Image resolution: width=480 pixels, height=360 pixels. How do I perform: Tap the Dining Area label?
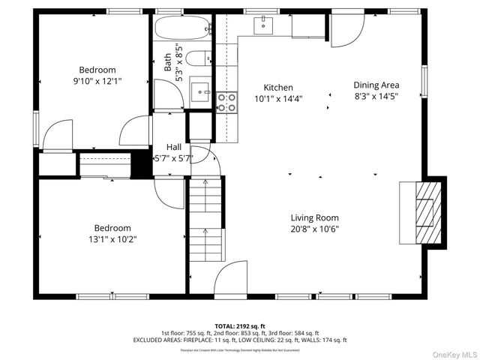point(376,85)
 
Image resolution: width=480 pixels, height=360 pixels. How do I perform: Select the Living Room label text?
point(315,218)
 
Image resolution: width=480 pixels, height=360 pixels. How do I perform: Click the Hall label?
point(173,147)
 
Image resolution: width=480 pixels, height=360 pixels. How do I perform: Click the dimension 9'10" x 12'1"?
point(97,80)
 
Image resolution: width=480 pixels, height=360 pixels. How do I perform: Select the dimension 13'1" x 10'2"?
point(112,239)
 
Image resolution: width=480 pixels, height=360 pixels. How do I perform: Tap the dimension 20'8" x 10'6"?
point(315,229)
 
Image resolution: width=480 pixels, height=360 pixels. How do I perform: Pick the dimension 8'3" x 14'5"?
point(376,96)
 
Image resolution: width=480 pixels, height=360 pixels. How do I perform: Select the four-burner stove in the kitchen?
point(226,102)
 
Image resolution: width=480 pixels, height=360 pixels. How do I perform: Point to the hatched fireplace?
point(424,211)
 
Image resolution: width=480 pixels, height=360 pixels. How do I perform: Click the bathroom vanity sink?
point(201,91)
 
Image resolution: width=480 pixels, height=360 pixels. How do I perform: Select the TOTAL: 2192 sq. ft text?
point(239,326)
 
